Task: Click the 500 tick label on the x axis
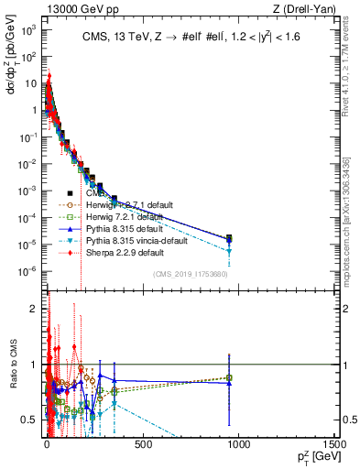coord(143,444)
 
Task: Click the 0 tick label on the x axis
coord(47,444)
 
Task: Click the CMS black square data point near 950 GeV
coord(230,238)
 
